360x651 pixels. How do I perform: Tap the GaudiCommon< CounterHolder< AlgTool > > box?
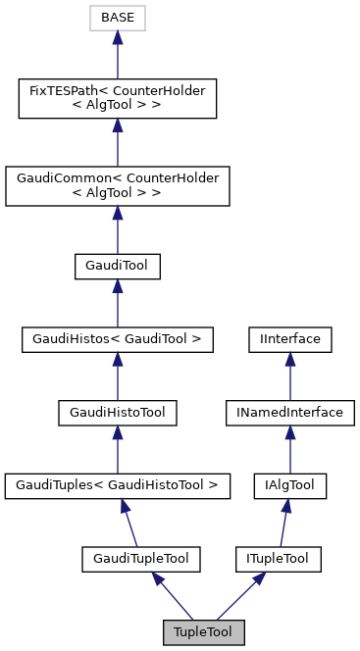117,185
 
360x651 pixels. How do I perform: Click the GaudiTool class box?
117,266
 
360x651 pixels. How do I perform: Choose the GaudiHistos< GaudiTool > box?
117,340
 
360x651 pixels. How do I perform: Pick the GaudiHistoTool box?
117,413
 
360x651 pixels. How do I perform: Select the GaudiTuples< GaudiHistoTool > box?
117,485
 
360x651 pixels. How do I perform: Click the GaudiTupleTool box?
140,559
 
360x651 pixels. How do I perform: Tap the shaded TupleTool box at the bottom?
203,632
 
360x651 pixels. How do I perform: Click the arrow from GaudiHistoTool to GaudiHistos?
117,376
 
